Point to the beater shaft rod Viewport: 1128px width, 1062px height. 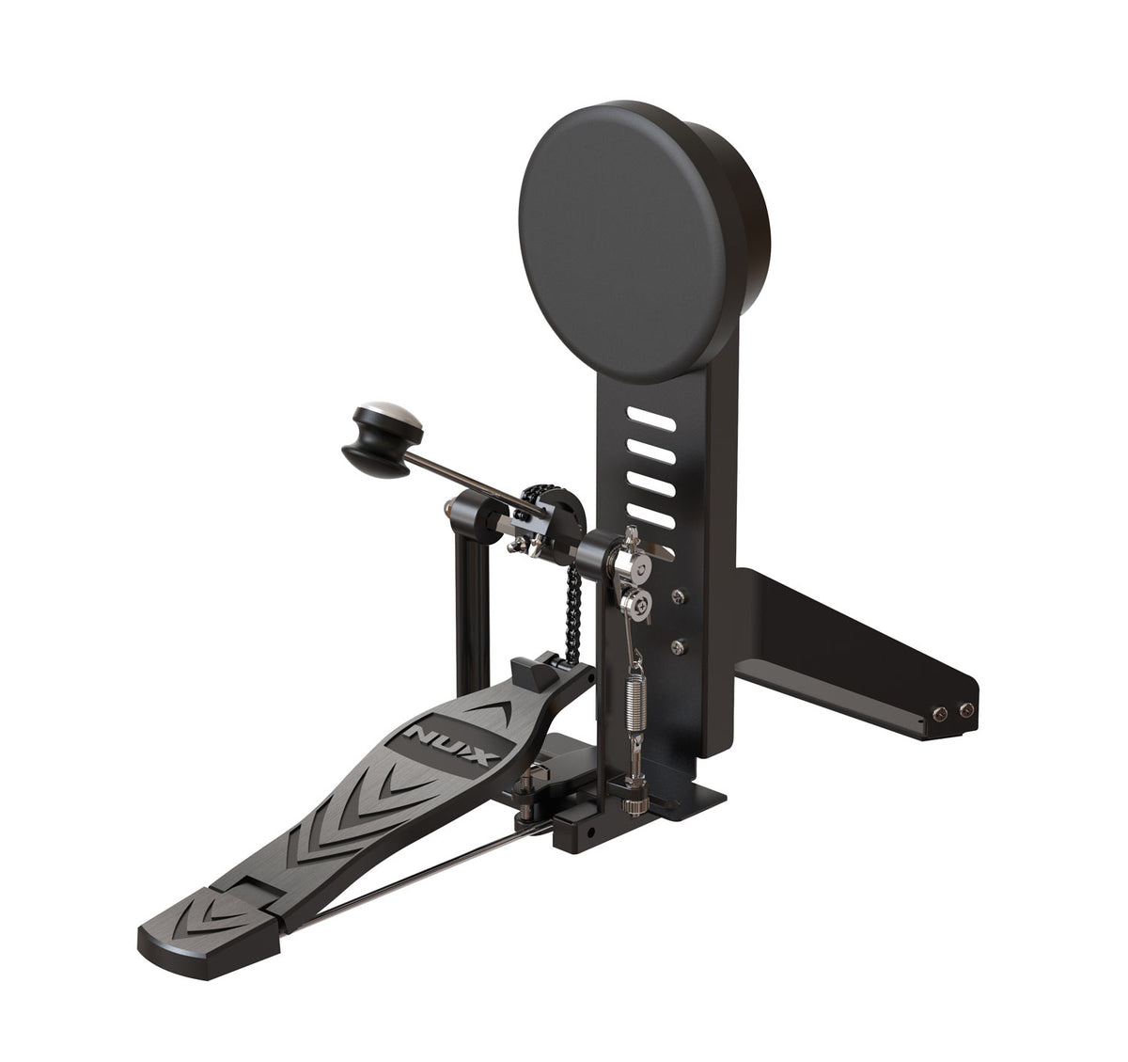pyautogui.click(x=470, y=479)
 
